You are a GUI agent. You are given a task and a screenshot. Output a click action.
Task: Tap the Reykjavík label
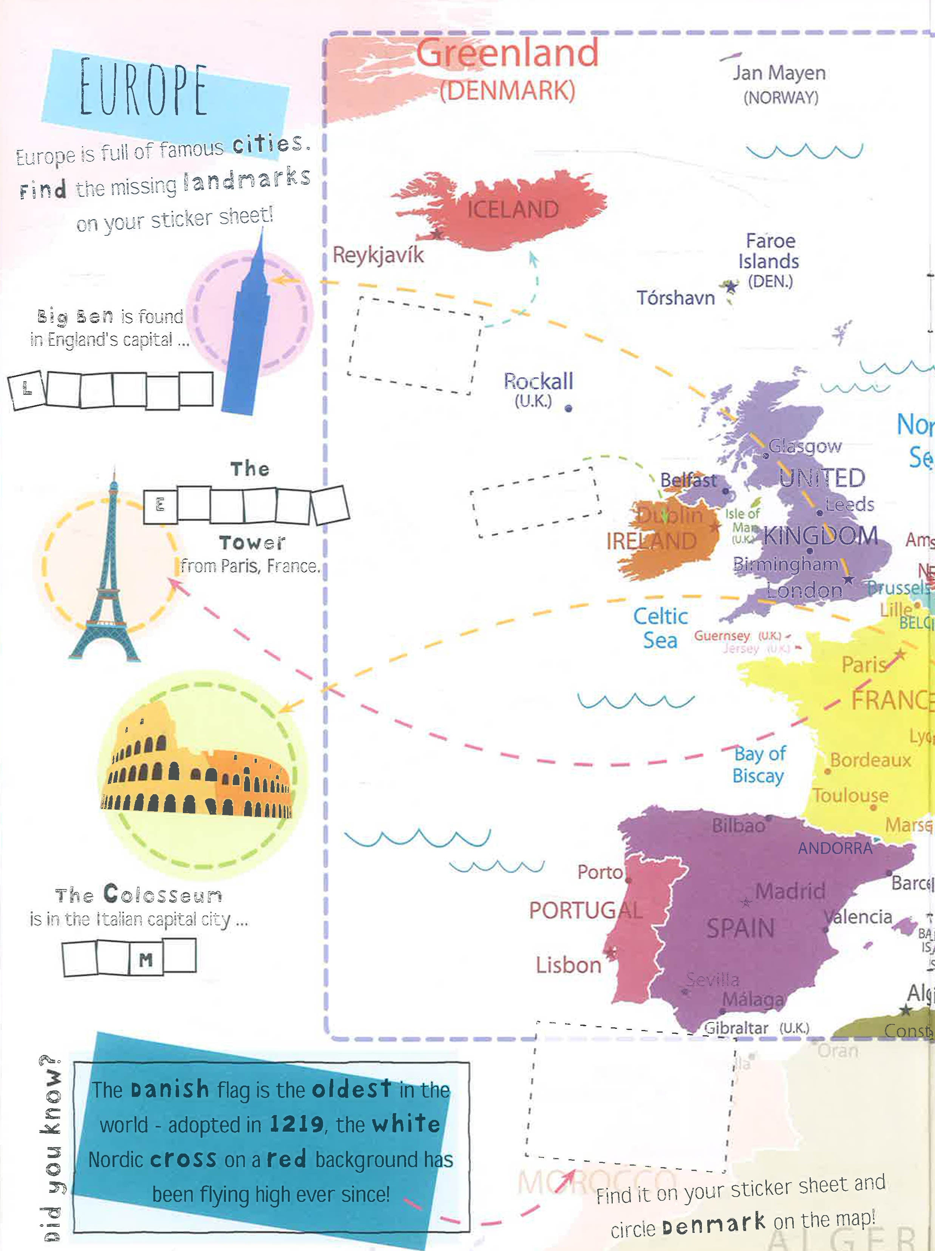click(x=378, y=255)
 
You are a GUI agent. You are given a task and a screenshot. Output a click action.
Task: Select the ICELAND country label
click(x=513, y=210)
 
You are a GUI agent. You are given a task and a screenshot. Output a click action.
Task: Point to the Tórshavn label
click(x=675, y=297)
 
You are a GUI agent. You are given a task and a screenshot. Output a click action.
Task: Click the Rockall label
click(x=538, y=382)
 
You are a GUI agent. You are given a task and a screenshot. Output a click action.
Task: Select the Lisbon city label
click(x=569, y=965)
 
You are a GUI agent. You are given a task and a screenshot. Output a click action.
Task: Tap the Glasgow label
click(x=805, y=446)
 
